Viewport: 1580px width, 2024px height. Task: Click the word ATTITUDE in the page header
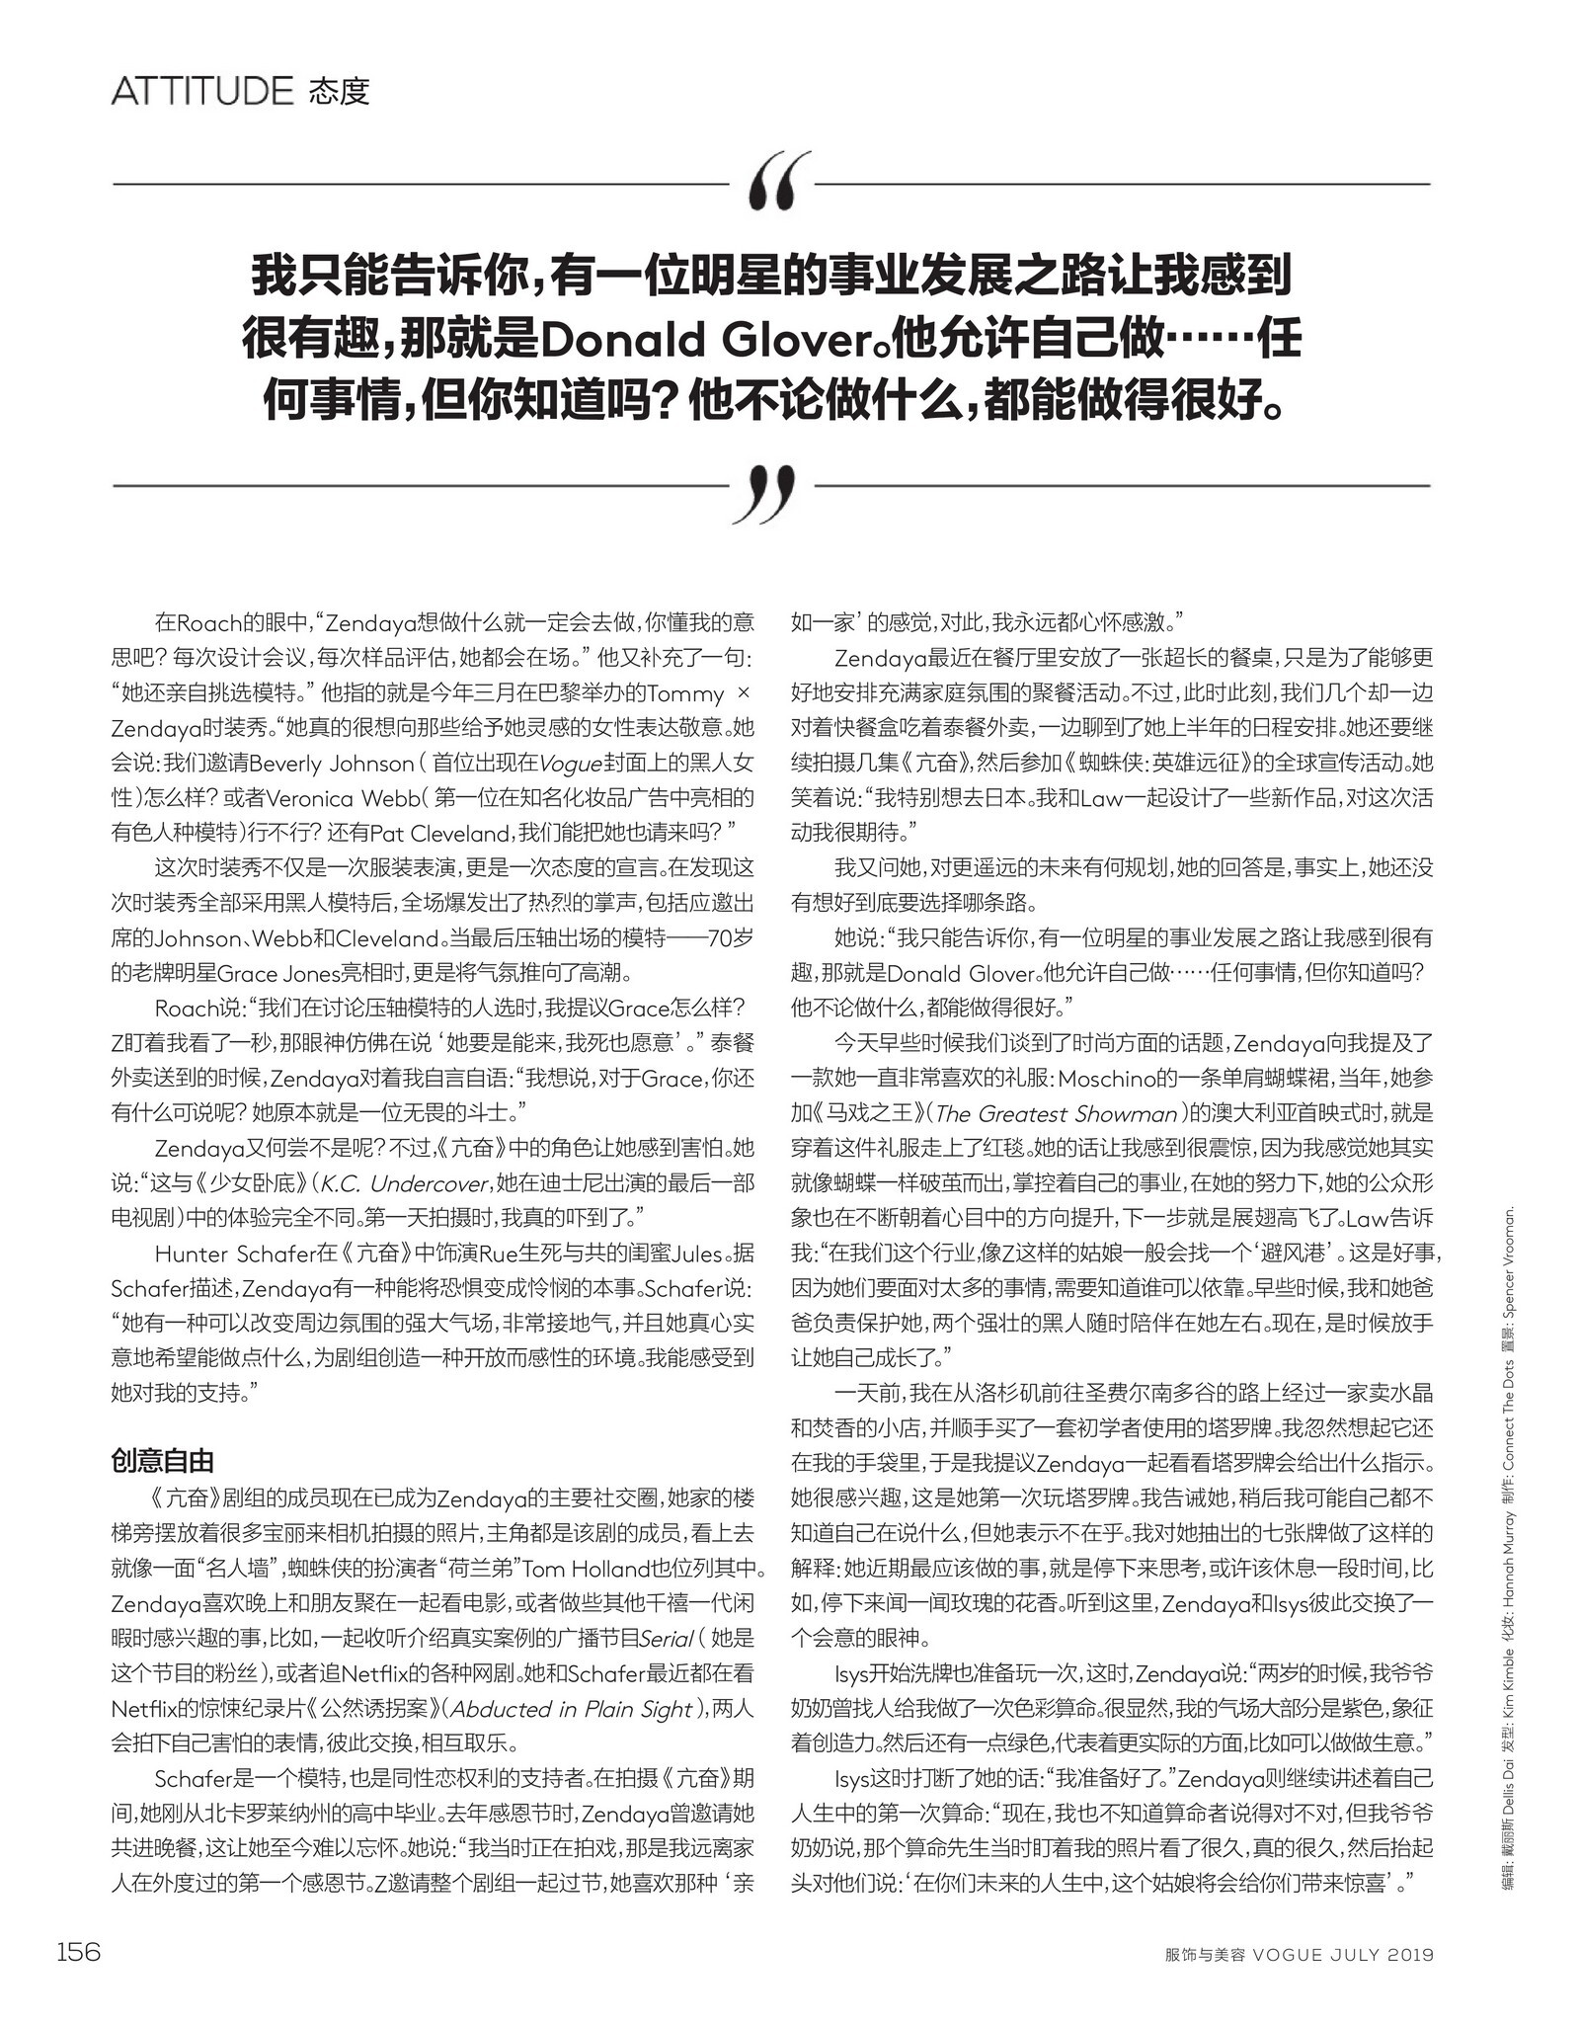pyautogui.click(x=202, y=91)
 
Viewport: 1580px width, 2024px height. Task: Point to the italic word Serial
pyautogui.click(x=667, y=1639)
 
